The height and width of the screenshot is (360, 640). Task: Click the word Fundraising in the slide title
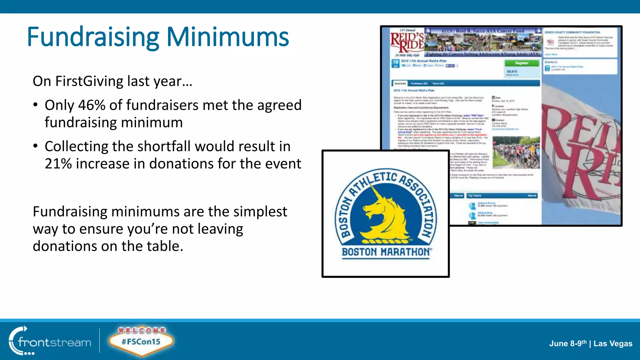point(93,37)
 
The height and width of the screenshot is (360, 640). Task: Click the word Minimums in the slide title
point(227,37)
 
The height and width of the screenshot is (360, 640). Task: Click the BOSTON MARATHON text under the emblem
point(386,252)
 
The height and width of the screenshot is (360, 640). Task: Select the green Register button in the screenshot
point(522,63)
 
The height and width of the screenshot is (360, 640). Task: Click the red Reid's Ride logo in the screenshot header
point(407,42)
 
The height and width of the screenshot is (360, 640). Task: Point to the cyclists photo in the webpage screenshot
point(516,152)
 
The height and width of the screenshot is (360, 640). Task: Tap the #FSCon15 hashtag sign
point(141,342)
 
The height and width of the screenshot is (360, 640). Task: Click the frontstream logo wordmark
point(54,342)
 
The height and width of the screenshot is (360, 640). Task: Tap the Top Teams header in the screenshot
point(475,196)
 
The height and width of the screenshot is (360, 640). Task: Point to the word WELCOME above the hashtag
point(142,330)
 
